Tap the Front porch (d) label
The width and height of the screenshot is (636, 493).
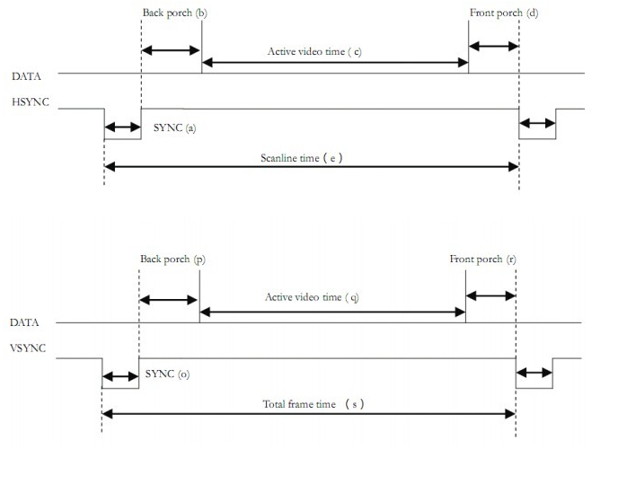coord(504,13)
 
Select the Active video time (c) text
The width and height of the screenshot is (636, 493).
coord(314,51)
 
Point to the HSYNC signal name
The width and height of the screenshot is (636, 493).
coord(31,103)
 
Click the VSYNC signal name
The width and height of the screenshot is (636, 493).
coord(28,348)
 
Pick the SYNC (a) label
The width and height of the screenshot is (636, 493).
coord(174,128)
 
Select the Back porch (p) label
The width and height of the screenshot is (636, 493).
coord(172,259)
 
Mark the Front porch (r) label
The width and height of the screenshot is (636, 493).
coord(483,259)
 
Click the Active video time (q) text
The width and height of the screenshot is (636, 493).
coord(312,296)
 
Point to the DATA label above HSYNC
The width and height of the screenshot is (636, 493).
coord(26,76)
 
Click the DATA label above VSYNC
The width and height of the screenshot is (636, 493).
coord(24,321)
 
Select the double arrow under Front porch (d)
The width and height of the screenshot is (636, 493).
coord(494,47)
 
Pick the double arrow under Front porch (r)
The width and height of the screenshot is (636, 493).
coord(490,296)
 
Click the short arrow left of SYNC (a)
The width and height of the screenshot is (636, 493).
coord(122,128)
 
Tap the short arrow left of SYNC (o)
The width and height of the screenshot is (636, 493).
coord(119,376)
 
